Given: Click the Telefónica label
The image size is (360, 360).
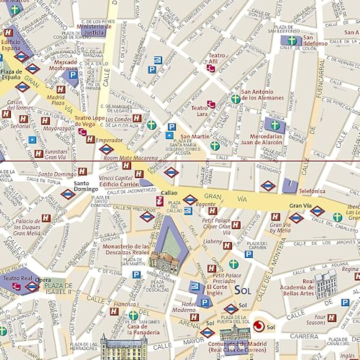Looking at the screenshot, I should (312, 191).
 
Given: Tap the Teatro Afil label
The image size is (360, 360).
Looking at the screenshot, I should (217, 58).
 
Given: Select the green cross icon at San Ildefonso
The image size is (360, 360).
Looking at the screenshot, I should (291, 40).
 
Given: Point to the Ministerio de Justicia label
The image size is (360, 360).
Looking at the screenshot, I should (94, 29).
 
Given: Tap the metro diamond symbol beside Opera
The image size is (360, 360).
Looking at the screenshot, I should (32, 287).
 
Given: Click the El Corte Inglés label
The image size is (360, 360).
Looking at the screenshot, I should (215, 290).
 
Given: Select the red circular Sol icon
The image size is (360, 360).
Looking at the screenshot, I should (257, 326).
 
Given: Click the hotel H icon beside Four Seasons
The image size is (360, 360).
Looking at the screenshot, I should (332, 318).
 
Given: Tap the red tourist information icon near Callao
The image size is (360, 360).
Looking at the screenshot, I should (160, 201).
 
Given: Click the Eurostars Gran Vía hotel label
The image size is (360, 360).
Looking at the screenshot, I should (56, 154).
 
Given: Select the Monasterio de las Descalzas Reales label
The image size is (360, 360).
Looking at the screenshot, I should (126, 249).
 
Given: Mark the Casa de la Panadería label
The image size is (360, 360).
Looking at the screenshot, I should (143, 329).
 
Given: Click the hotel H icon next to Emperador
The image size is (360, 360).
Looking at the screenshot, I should (90, 139).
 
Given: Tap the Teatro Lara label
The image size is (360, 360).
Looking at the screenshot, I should (199, 111).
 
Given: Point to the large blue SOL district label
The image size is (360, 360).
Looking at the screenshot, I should (242, 290).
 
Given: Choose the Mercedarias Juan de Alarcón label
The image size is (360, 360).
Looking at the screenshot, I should (261, 139).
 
